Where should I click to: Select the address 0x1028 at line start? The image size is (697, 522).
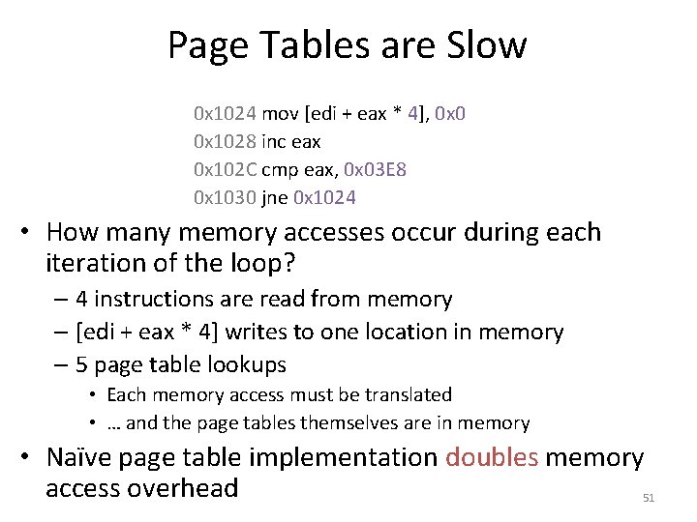pos(226,142)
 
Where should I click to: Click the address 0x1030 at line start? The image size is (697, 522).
pos(226,198)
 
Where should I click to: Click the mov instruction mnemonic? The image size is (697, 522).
pos(281,114)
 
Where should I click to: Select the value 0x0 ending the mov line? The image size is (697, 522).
pos(450,114)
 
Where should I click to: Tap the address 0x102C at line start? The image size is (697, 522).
pos(226,170)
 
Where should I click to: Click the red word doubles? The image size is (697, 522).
pos(491,457)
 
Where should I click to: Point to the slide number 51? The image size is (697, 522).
pos(649,498)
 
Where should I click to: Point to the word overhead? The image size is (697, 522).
pos(183,488)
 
